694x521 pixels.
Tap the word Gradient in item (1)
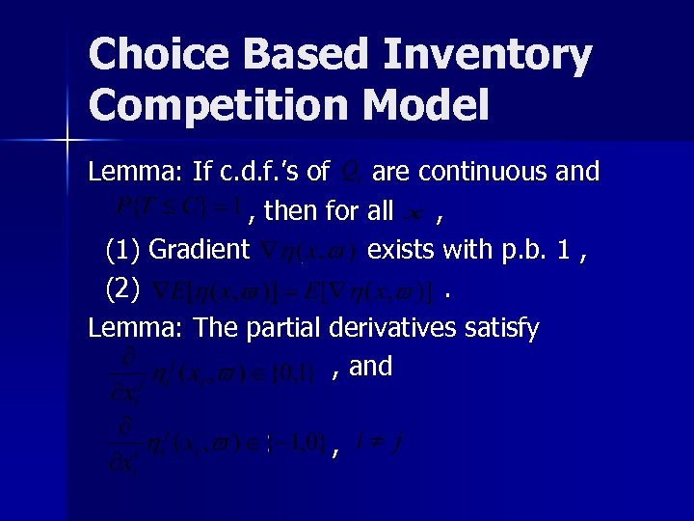[x=200, y=250]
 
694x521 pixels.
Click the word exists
[x=402, y=250]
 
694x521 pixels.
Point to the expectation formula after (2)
[x=293, y=289]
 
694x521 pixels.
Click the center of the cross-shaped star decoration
[x=67, y=142]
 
